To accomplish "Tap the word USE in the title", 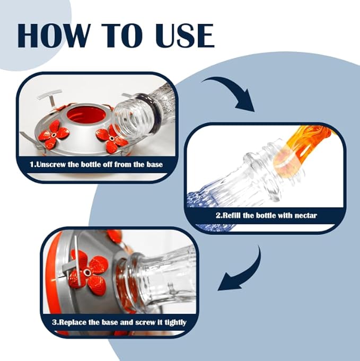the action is (185, 36).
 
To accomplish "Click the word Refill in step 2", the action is (231, 216).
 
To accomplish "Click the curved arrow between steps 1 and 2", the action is (233, 90).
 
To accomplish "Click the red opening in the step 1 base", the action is (87, 115).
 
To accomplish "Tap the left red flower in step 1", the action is (54, 135).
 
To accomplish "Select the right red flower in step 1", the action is (112, 138).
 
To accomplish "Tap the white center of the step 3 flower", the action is (87, 272).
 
